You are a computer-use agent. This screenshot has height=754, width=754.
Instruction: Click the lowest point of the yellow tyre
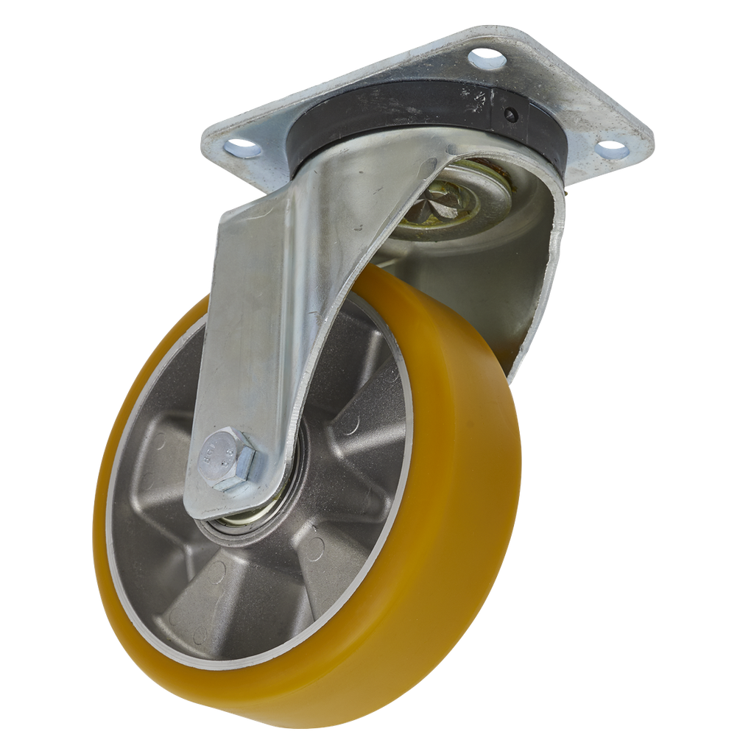pyautogui.click(x=309, y=725)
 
